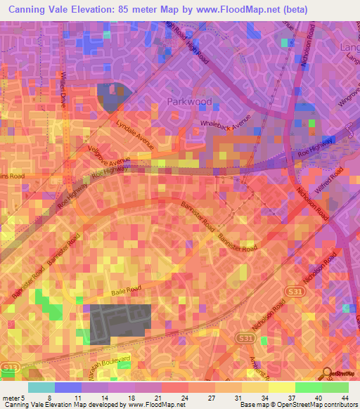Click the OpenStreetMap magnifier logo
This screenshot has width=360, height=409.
(327, 373)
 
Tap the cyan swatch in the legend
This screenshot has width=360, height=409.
(41, 387)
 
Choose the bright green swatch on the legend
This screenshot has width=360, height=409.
(309, 387)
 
